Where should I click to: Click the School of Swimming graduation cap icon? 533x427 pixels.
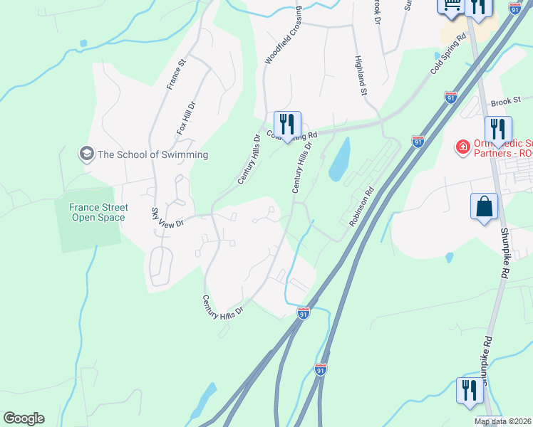(87, 154)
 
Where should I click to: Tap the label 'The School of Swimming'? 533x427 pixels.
(152, 154)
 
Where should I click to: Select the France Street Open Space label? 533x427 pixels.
(98, 212)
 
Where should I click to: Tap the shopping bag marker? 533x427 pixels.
(484, 207)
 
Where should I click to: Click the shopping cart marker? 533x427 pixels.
(450, 6)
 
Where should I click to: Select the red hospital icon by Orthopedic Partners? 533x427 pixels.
(462, 147)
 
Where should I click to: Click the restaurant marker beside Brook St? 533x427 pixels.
(498, 130)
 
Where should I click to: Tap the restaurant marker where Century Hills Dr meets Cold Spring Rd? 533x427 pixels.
(287, 124)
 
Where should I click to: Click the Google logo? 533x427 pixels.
(24, 418)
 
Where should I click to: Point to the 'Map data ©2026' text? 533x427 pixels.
(503, 422)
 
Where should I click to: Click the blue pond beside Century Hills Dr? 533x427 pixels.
(339, 159)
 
